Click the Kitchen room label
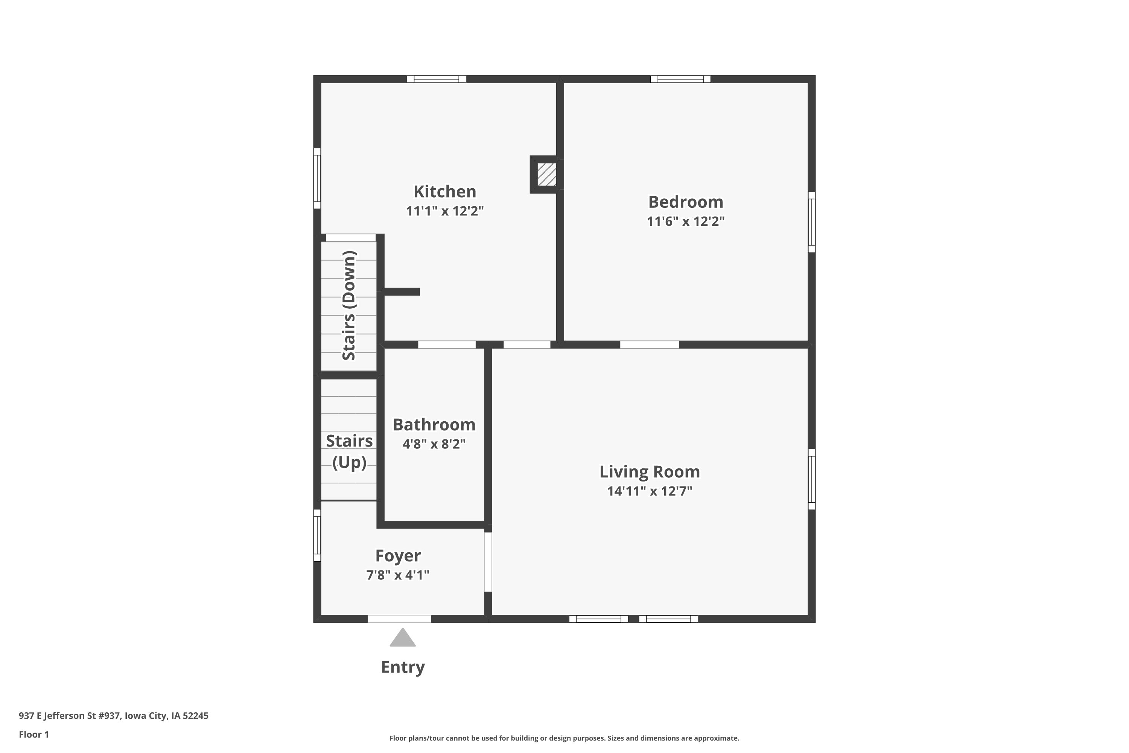click(x=444, y=192)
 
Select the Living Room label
click(x=650, y=472)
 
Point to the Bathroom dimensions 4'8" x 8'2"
click(x=434, y=444)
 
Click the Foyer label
click(x=398, y=556)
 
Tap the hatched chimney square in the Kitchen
click(x=547, y=174)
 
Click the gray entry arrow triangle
click(x=402, y=637)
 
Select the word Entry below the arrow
click(x=403, y=667)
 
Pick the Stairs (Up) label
click(x=350, y=451)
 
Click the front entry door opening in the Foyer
click(x=399, y=619)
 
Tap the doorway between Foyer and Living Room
click(x=488, y=562)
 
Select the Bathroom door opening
click(x=447, y=344)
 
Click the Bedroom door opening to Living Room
click(x=650, y=344)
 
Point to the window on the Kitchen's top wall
click(x=436, y=79)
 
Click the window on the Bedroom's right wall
click(x=812, y=222)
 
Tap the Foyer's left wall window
click(x=317, y=535)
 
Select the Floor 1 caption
click(x=34, y=734)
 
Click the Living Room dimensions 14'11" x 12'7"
click(x=650, y=491)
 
